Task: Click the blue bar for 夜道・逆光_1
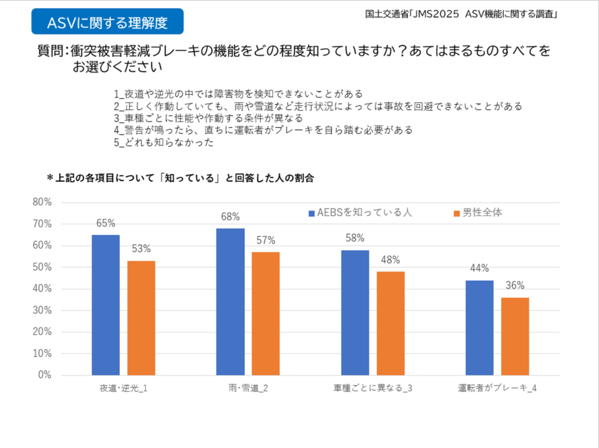click(106, 305)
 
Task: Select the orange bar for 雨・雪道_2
click(266, 313)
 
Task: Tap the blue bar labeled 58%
click(355, 312)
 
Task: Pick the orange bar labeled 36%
click(515, 336)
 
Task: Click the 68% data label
click(230, 217)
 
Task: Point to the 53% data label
click(142, 249)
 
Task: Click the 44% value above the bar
click(480, 269)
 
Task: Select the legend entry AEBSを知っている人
click(360, 213)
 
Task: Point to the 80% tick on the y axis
click(42, 202)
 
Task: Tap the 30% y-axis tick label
click(42, 311)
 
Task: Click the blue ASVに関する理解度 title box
click(107, 22)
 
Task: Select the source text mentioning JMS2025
click(460, 15)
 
